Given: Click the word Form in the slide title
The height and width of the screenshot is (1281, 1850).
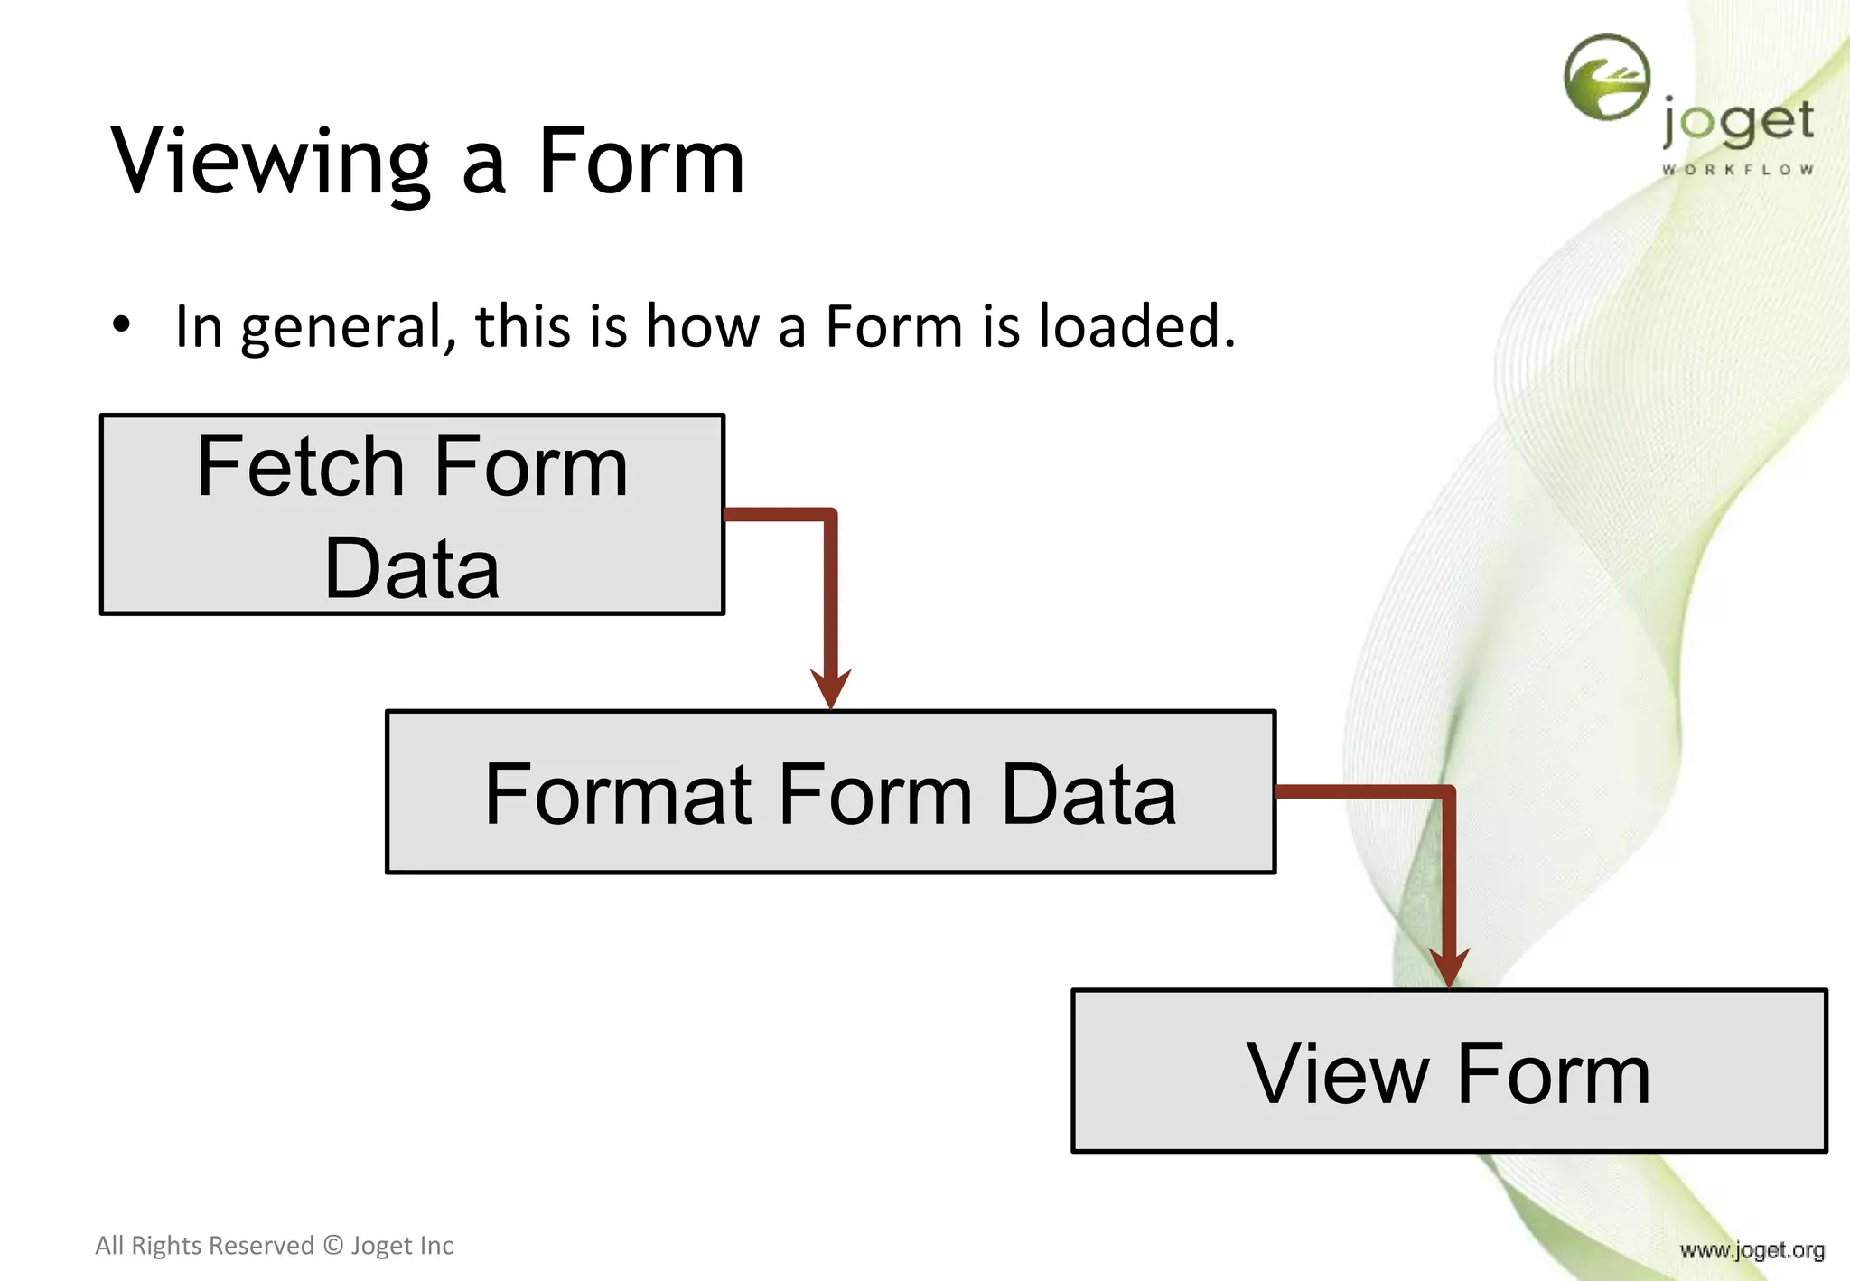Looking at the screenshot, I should (x=641, y=163).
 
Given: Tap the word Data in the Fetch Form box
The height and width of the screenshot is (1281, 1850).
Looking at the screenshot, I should (x=412, y=568).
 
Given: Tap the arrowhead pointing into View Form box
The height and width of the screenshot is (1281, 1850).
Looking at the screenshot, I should (x=1449, y=968).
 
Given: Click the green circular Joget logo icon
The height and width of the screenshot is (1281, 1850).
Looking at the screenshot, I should (x=1607, y=78).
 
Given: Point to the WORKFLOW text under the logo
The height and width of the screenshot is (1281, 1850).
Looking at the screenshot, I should (x=1737, y=170).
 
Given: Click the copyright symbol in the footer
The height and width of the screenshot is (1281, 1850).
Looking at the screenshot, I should (x=333, y=1246).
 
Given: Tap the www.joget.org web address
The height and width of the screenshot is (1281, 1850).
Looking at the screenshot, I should (x=1752, y=1250).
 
